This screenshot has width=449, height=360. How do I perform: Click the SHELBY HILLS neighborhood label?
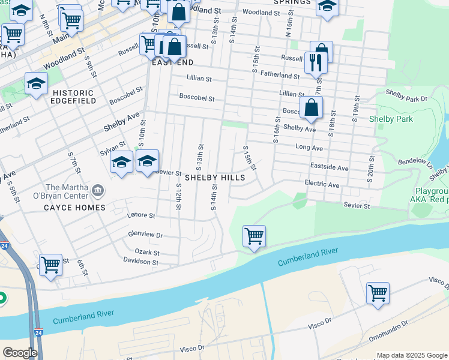[214, 178]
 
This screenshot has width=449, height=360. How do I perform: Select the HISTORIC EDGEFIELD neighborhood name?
[73, 97]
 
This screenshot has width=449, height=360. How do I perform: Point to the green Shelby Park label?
[391, 119]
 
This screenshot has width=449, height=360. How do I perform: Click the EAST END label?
[173, 62]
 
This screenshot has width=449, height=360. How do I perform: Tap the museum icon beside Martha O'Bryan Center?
[100, 191]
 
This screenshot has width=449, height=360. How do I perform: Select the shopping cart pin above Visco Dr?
[378, 294]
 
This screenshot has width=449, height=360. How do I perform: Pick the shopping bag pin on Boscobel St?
[311, 109]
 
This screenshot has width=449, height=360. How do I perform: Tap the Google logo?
[20, 353]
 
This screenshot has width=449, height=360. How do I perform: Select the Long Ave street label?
[309, 148]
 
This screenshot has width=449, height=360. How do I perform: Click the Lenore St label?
[141, 215]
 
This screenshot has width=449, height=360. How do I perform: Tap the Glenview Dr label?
[145, 235]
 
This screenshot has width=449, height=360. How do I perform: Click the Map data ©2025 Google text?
[411, 355]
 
